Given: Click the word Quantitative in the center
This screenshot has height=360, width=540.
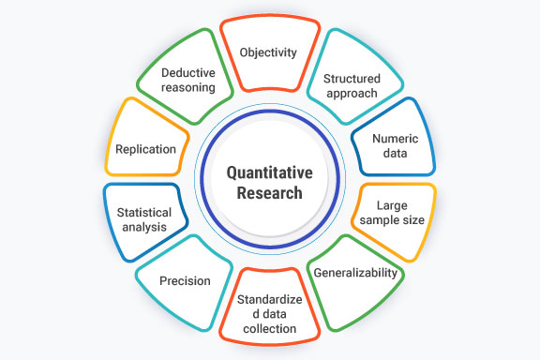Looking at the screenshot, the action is pyautogui.click(x=270, y=172).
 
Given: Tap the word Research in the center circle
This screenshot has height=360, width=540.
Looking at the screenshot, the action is pyautogui.click(x=270, y=193).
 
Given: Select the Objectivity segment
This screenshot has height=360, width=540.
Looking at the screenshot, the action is pyautogui.click(x=268, y=52).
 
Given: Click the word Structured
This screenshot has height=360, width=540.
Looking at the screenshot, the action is pyautogui.click(x=350, y=79).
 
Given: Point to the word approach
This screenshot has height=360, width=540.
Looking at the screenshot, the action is pyautogui.click(x=350, y=95).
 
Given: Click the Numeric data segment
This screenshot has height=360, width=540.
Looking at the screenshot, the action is pyautogui.click(x=394, y=144).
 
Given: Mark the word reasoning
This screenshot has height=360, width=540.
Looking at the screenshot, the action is pyautogui.click(x=188, y=88).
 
